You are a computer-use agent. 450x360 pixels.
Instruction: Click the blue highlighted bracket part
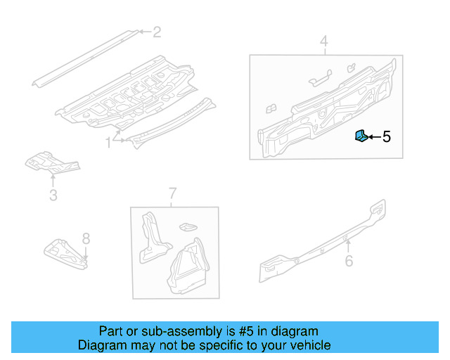359,136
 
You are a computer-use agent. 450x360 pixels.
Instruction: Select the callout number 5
386,137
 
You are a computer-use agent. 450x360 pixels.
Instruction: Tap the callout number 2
157,32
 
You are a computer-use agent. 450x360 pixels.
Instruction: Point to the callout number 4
324,41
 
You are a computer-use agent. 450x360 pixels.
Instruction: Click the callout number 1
108,143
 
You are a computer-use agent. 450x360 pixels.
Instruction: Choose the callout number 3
53,195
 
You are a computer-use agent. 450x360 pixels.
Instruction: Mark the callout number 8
86,238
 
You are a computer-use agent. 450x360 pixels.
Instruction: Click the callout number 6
348,262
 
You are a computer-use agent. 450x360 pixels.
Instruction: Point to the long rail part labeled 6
323,243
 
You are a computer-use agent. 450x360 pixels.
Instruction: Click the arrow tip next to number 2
139,32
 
